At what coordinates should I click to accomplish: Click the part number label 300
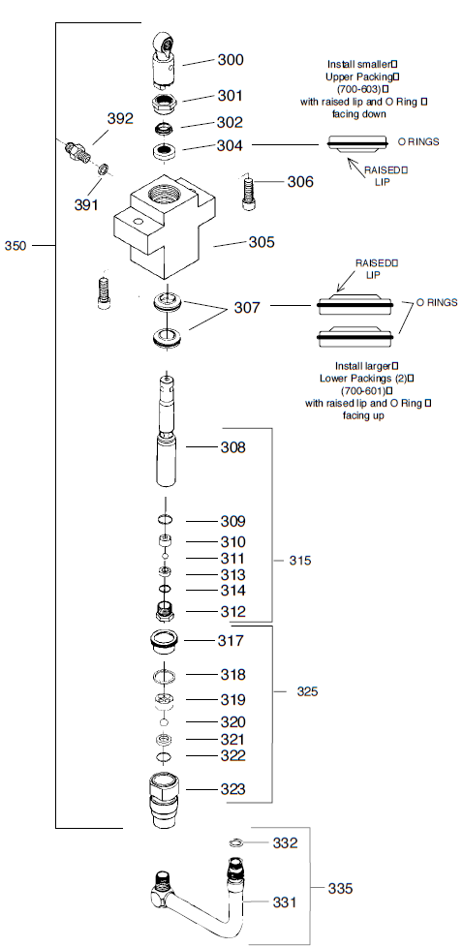coord(231,60)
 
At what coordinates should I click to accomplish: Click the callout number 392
coord(120,118)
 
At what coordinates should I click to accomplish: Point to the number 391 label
coord(87,204)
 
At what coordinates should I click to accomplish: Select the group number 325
coord(306,691)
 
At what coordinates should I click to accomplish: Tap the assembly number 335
coord(339,887)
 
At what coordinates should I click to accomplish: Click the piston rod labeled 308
coord(167,436)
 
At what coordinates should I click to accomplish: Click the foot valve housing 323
coord(166,796)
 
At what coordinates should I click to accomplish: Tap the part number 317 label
coord(231,641)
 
